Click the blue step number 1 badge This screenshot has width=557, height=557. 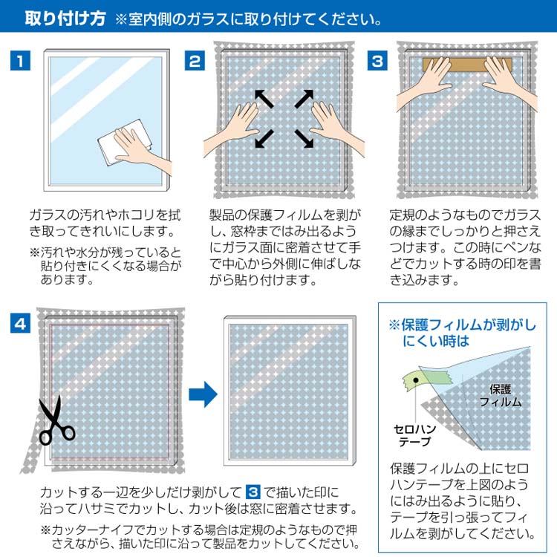(20, 60)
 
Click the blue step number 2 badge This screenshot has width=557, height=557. (195, 61)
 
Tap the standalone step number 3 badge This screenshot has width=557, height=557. (377, 61)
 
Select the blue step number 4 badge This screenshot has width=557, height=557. (20, 323)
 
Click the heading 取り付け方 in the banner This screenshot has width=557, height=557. (65, 19)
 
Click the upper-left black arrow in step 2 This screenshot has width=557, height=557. (264, 98)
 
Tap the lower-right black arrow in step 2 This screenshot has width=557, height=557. (304, 139)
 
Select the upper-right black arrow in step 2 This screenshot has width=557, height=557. (304, 98)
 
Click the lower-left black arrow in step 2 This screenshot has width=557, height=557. (264, 139)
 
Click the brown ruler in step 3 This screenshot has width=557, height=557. (467, 65)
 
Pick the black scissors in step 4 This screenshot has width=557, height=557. (55, 421)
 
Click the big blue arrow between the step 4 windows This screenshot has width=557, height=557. (203, 394)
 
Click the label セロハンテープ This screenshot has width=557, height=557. (414, 435)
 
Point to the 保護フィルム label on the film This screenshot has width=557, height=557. (501, 396)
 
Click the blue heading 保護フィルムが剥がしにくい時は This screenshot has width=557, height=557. (462, 333)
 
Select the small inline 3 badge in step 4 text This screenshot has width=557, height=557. (253, 492)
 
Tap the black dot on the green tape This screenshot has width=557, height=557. (416, 380)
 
